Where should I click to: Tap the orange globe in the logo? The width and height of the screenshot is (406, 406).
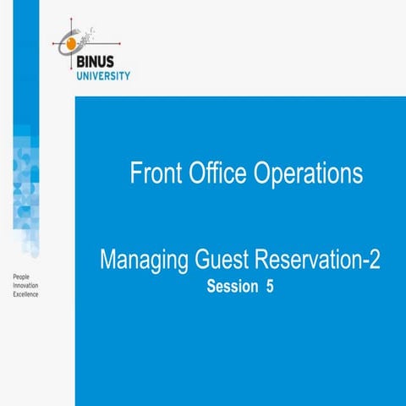click(x=72, y=41)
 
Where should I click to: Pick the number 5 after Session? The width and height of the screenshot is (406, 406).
click(x=270, y=286)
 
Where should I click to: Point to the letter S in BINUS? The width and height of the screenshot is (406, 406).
click(x=125, y=61)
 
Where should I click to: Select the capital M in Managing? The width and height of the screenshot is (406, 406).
click(x=108, y=260)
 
